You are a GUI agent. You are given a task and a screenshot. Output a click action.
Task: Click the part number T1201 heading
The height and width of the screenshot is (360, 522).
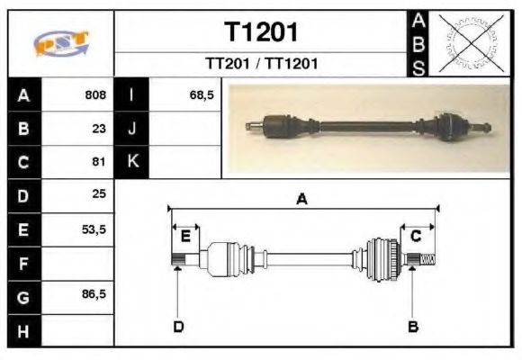261,32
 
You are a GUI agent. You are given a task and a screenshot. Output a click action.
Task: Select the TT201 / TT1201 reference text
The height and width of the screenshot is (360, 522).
261,64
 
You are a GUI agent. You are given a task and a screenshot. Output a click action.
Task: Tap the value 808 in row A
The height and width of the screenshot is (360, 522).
95,94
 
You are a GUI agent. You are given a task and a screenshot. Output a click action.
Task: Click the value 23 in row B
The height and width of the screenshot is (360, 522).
99,128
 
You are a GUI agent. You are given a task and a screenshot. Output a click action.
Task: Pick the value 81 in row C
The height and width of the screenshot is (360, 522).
99,162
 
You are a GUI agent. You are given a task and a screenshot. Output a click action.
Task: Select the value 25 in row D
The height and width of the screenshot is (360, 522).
99,194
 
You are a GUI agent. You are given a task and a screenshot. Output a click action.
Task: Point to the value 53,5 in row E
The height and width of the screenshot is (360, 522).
94,229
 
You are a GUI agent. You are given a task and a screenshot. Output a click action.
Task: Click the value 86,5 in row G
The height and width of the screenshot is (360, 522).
94,294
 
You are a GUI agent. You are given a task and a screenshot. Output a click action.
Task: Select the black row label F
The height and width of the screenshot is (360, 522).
24,263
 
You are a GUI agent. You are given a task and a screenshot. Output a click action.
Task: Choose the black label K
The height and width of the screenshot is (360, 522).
132,162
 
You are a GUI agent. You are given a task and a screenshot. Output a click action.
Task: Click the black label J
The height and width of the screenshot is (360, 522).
132,128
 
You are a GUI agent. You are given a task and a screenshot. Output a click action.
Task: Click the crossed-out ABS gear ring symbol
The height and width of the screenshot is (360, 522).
466,42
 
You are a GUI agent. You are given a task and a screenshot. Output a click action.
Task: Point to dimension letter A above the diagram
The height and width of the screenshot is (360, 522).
301,200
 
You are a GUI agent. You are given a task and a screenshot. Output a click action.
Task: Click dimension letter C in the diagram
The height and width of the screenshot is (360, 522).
416,236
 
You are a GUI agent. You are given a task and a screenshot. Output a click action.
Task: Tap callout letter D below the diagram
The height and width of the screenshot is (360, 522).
178,326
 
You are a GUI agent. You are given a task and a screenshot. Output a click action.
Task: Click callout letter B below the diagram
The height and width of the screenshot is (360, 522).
413,326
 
